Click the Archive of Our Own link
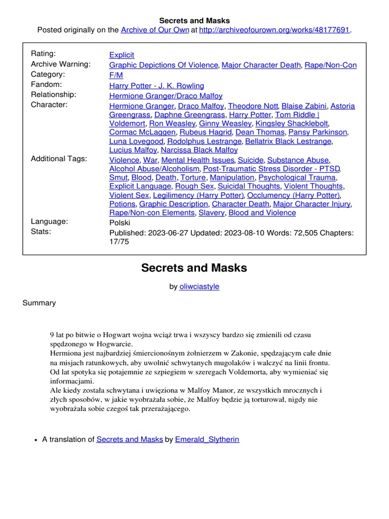click(x=154, y=30)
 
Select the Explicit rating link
click(x=122, y=55)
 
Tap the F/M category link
click(x=116, y=75)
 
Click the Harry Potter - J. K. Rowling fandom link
click(x=157, y=86)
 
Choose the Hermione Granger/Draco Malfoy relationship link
click(x=166, y=96)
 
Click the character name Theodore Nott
click(x=253, y=106)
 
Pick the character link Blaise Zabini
click(x=304, y=106)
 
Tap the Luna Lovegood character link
click(x=136, y=141)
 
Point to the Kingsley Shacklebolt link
click(x=292, y=124)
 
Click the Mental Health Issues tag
click(x=198, y=160)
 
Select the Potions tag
click(x=122, y=204)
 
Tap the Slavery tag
click(x=211, y=213)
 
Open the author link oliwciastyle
click(x=200, y=286)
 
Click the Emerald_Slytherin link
click(x=207, y=439)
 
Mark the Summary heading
click(x=39, y=303)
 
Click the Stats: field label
click(x=41, y=232)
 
